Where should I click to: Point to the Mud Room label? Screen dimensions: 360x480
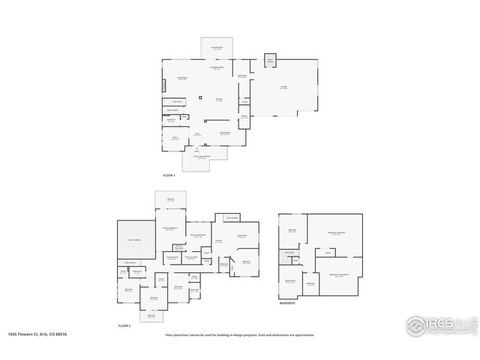[243, 76]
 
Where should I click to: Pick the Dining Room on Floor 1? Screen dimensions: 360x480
[224, 133]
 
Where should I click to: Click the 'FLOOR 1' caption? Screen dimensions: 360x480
[169, 175]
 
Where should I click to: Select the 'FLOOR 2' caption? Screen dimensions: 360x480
[124, 325]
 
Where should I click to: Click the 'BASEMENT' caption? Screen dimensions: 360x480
[286, 304]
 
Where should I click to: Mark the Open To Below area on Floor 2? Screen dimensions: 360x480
[135, 239]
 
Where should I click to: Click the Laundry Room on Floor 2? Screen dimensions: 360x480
[172, 257]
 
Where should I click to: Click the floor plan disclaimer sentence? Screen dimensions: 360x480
[240, 335]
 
